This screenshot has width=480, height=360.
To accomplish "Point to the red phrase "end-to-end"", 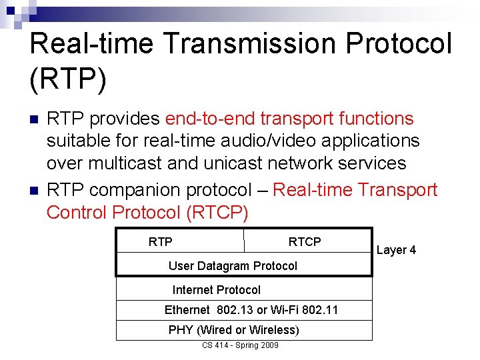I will tap(210, 119).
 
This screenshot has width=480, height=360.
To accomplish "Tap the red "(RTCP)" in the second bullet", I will tap(217, 213).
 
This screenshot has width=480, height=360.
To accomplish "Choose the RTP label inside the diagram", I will tap(160, 242).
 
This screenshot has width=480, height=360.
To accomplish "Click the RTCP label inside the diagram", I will tap(304, 242).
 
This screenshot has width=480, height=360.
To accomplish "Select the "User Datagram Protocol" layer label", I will tap(233, 266).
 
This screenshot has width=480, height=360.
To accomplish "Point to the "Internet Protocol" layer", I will tap(217, 290).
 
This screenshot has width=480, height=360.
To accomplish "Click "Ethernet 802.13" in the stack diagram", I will tap(209, 310).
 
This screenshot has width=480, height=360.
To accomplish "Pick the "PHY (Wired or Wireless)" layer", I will tap(233, 330).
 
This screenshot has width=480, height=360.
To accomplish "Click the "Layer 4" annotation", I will tap(396, 250).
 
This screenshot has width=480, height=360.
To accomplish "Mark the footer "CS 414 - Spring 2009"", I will tap(240, 345).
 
